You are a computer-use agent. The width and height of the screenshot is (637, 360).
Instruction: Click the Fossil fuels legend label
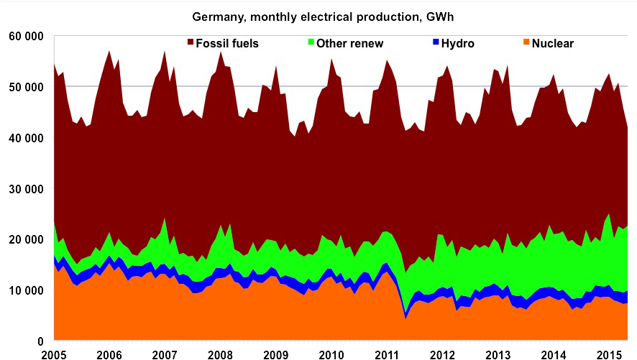[x=227, y=43]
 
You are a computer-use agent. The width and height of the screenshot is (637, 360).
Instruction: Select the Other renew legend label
[x=350, y=43]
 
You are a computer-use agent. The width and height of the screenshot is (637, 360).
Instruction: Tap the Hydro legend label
[x=458, y=43]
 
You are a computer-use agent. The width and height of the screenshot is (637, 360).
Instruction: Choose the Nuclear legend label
[x=552, y=43]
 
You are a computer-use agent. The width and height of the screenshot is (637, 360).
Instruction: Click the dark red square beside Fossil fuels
[x=191, y=43]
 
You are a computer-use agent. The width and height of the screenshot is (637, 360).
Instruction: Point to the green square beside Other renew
[x=311, y=43]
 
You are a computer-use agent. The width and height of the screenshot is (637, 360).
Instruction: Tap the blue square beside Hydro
[x=436, y=43]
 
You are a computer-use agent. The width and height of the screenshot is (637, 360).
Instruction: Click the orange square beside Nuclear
[x=526, y=43]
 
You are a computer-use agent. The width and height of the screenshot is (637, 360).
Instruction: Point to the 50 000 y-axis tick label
[x=25, y=87]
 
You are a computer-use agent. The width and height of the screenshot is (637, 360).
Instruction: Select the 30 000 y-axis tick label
[x=25, y=189]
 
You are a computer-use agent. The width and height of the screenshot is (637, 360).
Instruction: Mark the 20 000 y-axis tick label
[x=25, y=240]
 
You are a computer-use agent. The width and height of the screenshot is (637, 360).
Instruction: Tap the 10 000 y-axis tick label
[x=25, y=290]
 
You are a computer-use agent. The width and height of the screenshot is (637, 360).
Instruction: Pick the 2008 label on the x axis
[x=219, y=354]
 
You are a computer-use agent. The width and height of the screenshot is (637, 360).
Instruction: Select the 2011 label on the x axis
[x=386, y=354]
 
